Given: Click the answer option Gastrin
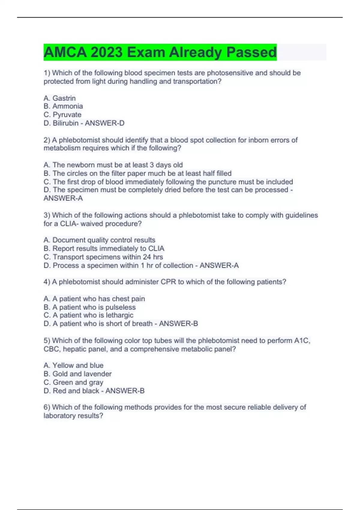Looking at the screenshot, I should (64, 98).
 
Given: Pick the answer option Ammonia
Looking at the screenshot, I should (67, 106).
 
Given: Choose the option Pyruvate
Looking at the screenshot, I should (67, 115).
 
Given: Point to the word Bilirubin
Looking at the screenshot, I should (65, 123).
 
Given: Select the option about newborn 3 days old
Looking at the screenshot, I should (117, 165).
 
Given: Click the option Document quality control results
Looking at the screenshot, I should (103, 240).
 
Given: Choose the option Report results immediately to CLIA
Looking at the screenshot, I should (108, 248).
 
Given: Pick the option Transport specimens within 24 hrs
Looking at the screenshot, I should (108, 257).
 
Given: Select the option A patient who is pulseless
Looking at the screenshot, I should (94, 307).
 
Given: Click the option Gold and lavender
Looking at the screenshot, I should (82, 374).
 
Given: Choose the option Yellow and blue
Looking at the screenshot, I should (78, 365).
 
